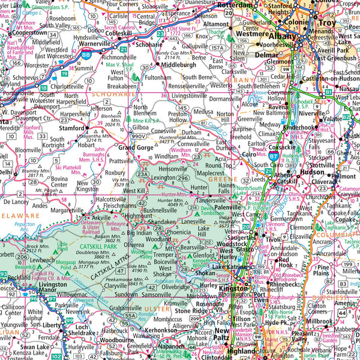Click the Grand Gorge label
pos(135,147)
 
